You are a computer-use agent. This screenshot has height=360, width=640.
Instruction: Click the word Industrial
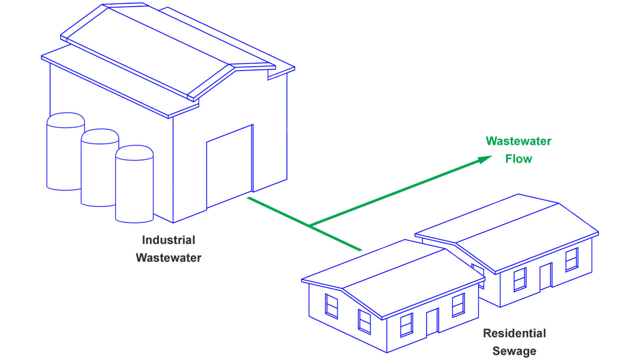[x=169, y=240]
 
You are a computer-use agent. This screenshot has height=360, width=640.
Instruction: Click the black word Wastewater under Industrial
[x=169, y=258]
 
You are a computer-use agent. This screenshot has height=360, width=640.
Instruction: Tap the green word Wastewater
[x=518, y=141]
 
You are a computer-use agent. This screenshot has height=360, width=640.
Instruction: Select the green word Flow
[x=518, y=159]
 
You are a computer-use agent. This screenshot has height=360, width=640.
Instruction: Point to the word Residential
[x=514, y=333]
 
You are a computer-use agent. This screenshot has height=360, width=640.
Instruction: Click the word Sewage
[x=514, y=351]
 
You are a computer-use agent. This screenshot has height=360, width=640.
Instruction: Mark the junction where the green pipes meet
[x=310, y=226]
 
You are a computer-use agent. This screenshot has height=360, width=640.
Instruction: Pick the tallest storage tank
[x=65, y=151]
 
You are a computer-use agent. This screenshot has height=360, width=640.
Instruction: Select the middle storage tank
[x=100, y=168]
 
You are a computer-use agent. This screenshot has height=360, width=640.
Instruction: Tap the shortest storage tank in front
[x=134, y=184]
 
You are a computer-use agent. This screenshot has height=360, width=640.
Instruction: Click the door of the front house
[x=432, y=322]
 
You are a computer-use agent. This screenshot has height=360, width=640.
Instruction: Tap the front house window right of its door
[x=458, y=305]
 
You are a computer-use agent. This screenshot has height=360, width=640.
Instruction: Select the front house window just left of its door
[x=406, y=325]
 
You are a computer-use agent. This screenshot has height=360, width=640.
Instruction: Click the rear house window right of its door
[x=572, y=259]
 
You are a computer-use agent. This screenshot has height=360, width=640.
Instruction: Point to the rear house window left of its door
[x=520, y=280]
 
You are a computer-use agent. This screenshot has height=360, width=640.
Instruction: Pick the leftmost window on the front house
[x=331, y=307]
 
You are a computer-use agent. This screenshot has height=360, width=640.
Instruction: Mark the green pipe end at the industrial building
[x=248, y=197]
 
